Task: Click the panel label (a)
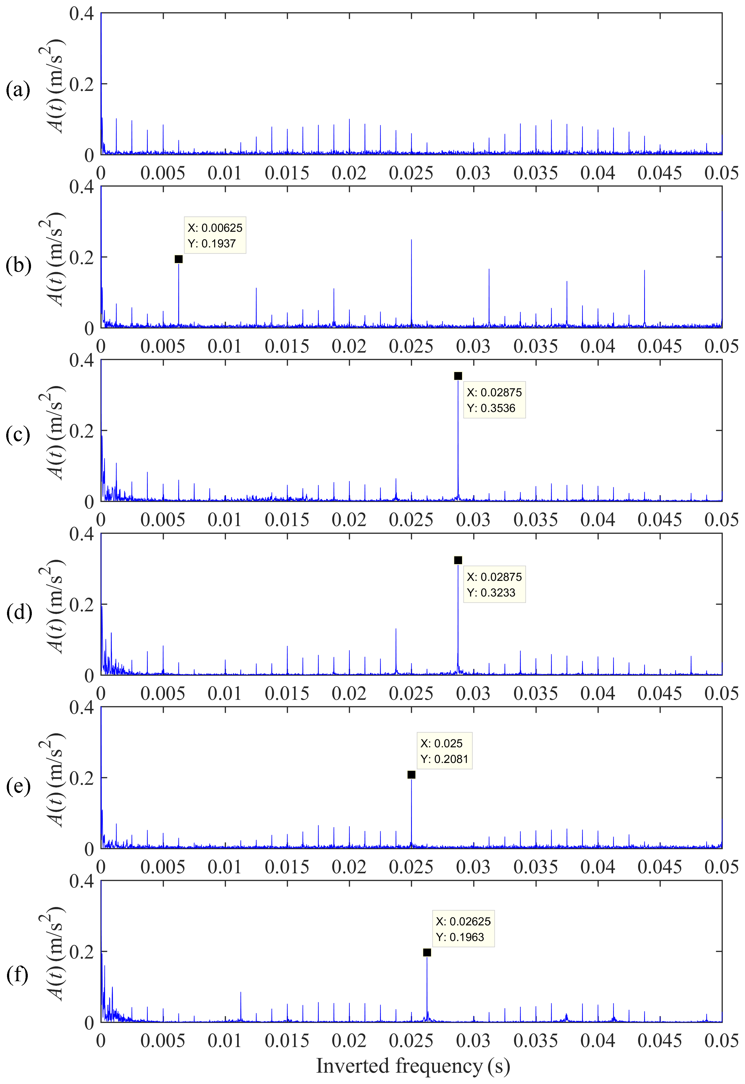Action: [x=18, y=90]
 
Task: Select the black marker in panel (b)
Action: [x=178, y=259]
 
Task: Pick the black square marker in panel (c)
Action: [x=458, y=376]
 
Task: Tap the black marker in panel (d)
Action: [x=458, y=560]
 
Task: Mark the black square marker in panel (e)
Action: [x=411, y=775]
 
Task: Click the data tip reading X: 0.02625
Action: [x=463, y=929]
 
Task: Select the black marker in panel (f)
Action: [x=427, y=952]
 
